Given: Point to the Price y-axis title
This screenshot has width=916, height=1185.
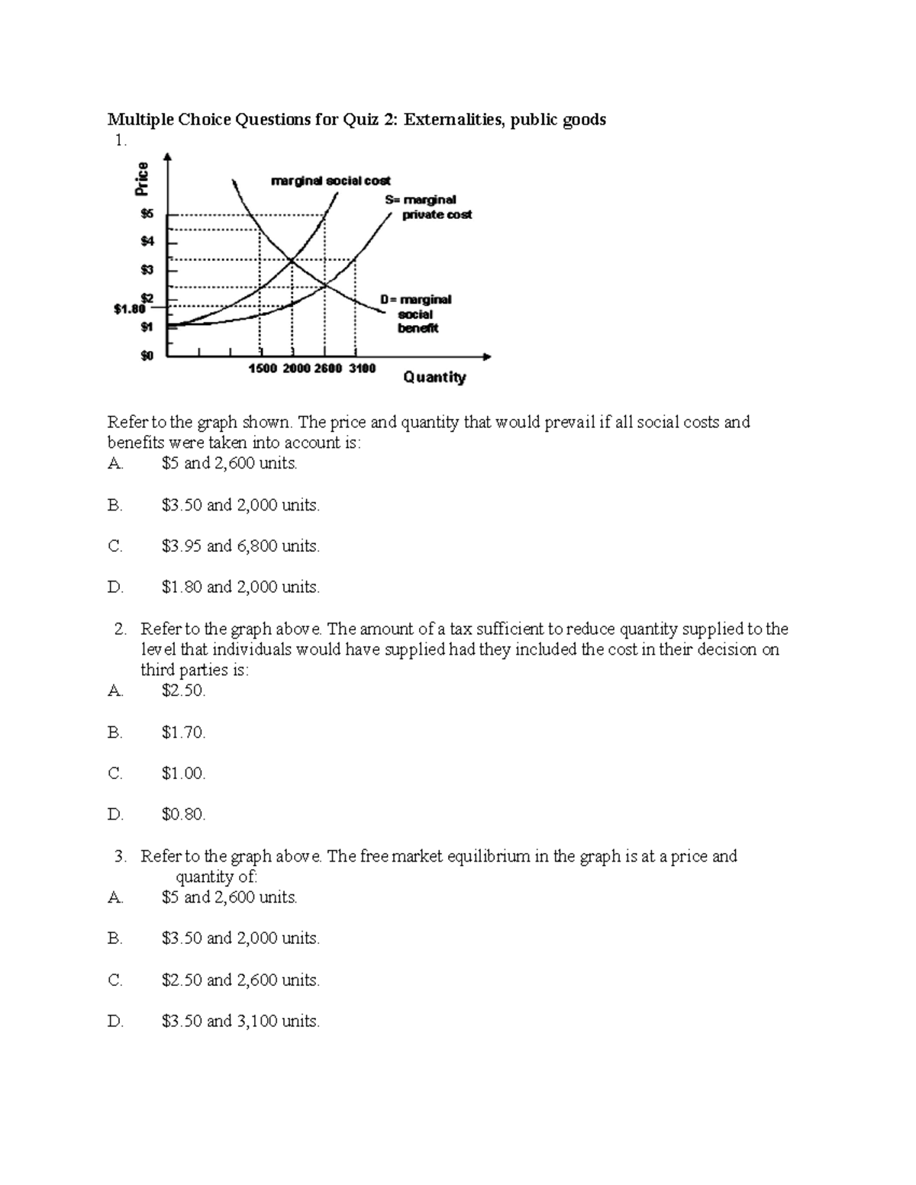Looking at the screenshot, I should point(143,180).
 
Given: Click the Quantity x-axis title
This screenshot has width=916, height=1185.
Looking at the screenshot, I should point(434,377).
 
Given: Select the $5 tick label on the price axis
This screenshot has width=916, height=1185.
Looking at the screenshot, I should point(146,214).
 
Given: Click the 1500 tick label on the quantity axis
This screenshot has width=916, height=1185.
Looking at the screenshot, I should point(264,369).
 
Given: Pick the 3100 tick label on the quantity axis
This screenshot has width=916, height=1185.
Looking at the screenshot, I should point(362,369).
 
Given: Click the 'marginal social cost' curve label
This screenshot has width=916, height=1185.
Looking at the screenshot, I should point(331,181).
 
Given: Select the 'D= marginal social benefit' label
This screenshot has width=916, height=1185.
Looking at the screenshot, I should point(417,314).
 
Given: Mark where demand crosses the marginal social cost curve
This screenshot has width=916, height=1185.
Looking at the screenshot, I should point(292,262).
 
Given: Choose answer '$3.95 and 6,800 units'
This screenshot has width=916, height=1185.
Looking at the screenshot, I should point(240,546).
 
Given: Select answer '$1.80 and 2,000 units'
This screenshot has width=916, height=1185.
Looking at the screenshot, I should point(240,587).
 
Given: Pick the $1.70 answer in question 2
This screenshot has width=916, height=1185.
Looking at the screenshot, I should point(183,733).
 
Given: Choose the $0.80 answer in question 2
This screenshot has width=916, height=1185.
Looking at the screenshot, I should point(183,814).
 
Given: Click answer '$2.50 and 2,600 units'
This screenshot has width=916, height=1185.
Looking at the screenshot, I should point(240,980).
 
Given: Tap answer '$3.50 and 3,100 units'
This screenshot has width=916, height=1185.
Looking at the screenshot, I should point(240,1021).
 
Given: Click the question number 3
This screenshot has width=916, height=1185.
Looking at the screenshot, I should point(120,856).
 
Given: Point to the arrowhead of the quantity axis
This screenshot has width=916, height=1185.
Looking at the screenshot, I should point(487,356).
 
